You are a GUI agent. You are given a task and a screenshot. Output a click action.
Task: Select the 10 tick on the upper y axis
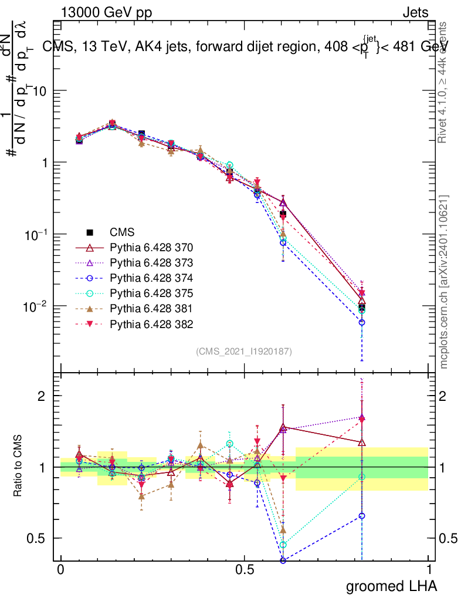click(42, 91)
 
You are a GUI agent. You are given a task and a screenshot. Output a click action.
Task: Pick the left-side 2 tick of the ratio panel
click(45, 396)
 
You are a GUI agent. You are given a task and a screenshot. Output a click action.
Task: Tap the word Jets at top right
click(415, 12)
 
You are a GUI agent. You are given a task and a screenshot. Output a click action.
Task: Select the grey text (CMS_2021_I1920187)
click(244, 351)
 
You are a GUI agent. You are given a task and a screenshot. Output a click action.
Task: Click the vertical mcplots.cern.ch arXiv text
click(445, 282)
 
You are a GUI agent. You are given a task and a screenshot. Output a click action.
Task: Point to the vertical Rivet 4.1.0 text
click(443, 82)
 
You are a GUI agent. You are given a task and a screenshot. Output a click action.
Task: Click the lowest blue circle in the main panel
click(362, 322)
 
